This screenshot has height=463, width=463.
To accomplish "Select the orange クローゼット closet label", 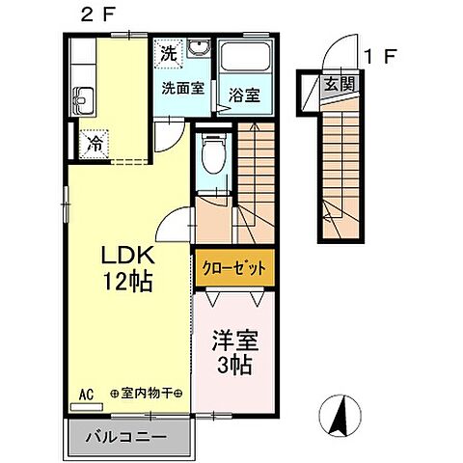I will [x=233, y=267].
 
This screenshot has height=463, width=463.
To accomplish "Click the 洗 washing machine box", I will [x=168, y=52].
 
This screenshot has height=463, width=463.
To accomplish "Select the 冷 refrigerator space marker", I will [x=95, y=144].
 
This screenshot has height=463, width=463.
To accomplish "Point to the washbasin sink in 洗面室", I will [x=200, y=50].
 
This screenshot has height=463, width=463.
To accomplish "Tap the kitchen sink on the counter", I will [x=82, y=97].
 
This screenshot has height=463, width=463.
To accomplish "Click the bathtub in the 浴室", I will [x=245, y=56].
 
